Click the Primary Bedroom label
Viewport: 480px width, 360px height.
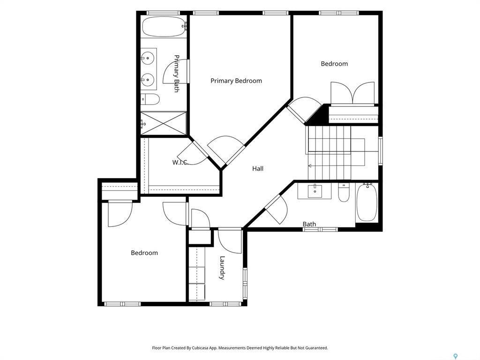pyautogui.click(x=236, y=81)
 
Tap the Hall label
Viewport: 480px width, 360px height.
pyautogui.click(x=258, y=168)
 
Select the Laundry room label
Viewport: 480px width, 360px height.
pyautogui.click(x=222, y=268)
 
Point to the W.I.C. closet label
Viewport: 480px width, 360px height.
pyautogui.click(x=180, y=162)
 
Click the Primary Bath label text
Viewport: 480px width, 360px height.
pyautogui.click(x=177, y=74)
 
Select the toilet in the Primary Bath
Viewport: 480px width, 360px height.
pyautogui.click(x=150, y=99)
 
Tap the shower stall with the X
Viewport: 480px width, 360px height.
pyautogui.click(x=163, y=123)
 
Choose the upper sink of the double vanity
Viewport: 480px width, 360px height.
pyautogui.click(x=148, y=58)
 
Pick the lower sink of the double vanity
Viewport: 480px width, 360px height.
pyautogui.click(x=148, y=80)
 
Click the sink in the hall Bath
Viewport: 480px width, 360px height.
pyautogui.click(x=315, y=191)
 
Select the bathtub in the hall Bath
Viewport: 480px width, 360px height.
pyautogui.click(x=367, y=202)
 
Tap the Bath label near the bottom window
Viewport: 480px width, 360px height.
pyautogui.click(x=309, y=224)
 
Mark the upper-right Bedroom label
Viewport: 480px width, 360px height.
pyautogui.click(x=334, y=64)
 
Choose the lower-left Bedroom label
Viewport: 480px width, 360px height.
pyautogui.click(x=144, y=253)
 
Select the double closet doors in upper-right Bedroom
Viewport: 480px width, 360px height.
pyautogui.click(x=352, y=93)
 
